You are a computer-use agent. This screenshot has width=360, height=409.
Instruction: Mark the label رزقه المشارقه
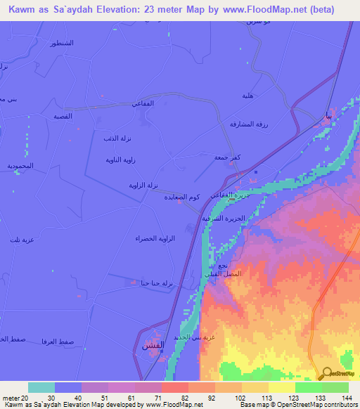(247, 124)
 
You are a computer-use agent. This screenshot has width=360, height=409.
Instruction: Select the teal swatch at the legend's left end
(41, 387)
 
